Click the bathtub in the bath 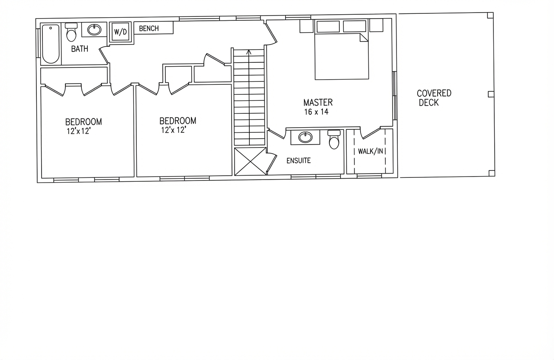51,44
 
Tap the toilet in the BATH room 71,32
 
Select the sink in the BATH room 94,30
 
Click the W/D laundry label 120,32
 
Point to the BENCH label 149,29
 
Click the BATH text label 80,49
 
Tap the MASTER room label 318,103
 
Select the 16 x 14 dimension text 316,112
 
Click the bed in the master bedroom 341,56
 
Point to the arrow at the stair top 249,52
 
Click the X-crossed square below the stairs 250,161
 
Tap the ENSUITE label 299,161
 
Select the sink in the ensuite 306,137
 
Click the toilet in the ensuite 334,140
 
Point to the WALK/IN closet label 370,151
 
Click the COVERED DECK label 434,98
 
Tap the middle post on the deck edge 491,94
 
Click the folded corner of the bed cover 364,38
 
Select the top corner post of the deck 490,15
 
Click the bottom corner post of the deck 492,173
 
